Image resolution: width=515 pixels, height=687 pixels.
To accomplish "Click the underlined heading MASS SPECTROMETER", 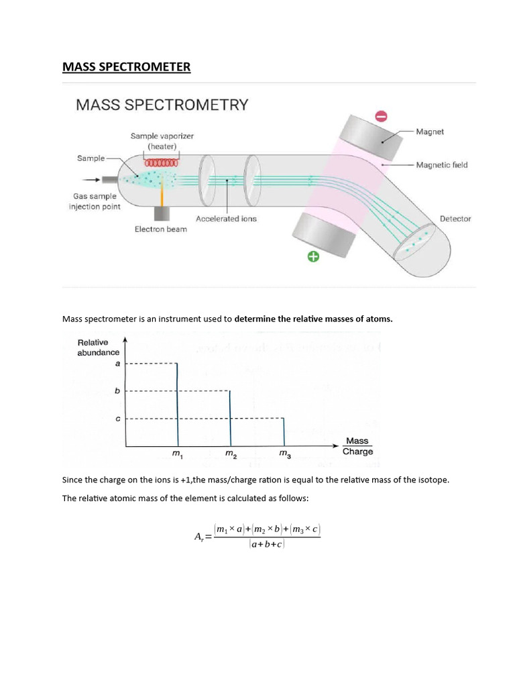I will [127, 67].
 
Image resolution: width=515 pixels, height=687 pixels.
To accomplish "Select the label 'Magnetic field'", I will [442, 164].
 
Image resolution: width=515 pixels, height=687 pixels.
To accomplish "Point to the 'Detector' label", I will [455, 219].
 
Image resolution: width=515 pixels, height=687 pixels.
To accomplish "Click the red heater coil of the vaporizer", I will [162, 162].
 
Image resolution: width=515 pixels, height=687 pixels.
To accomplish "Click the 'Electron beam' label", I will [161, 229].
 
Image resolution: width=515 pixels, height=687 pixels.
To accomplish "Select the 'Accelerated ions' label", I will [226, 219].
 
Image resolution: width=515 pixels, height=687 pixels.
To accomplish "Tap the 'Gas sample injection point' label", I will [94, 201].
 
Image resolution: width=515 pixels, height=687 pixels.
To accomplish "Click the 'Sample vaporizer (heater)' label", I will [162, 140].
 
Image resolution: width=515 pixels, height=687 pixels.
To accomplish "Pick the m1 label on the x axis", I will [178, 456].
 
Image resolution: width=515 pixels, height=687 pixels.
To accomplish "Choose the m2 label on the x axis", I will [231, 456].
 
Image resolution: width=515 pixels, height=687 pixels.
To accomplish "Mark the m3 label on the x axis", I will [284, 456].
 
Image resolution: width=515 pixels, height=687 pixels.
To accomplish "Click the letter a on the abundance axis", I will [119, 364].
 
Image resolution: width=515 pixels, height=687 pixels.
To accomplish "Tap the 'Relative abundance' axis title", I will [98, 348].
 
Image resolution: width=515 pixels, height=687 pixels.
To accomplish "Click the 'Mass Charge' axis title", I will [357, 446].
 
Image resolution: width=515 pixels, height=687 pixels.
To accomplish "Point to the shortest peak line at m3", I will [284, 432].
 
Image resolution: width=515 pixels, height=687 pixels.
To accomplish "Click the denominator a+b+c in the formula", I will [267, 545].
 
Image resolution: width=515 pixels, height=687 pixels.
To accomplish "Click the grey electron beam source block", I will [162, 213].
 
